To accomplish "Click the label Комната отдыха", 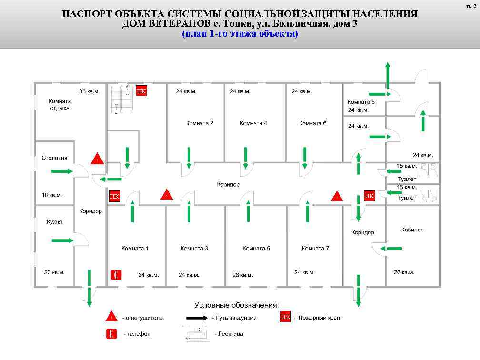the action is click(x=60, y=105).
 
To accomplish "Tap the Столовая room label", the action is click(x=54, y=158).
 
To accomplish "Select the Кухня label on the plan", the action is click(x=54, y=222).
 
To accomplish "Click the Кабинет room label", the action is click(x=412, y=230).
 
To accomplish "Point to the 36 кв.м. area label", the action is click(x=89, y=91).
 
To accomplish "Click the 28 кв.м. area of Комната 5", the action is click(x=243, y=275).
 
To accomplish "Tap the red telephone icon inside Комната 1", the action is click(x=116, y=275).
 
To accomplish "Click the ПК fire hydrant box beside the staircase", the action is click(x=141, y=91).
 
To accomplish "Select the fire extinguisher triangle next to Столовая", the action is click(x=97, y=159).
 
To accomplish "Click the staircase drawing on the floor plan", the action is click(x=120, y=100).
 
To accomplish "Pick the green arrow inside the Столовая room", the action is click(x=62, y=171).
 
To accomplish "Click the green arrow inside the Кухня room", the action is click(x=62, y=240).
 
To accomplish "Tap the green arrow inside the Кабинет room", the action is click(x=394, y=249).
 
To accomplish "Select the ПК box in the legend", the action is click(x=285, y=317).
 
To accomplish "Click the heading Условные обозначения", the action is click(x=236, y=305).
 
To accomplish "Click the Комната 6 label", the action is click(x=312, y=123).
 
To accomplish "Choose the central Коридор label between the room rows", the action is click(x=228, y=184).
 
